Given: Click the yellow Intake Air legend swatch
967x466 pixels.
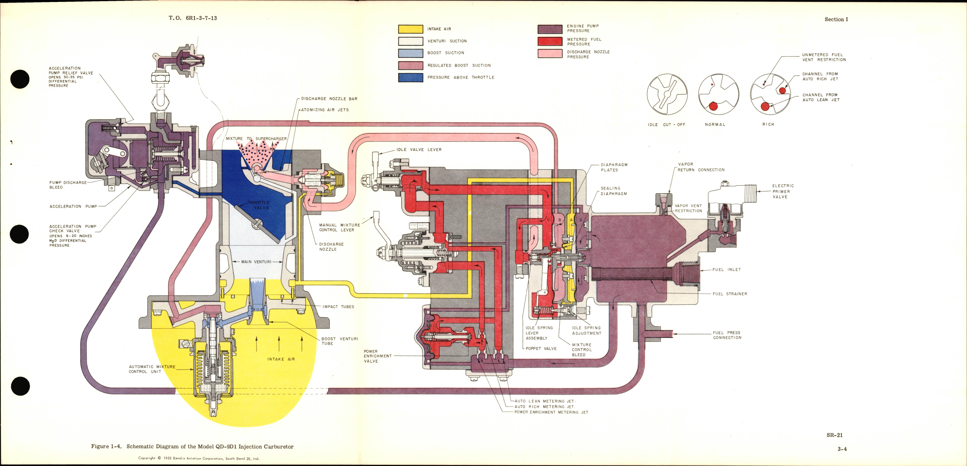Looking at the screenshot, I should (x=410, y=29).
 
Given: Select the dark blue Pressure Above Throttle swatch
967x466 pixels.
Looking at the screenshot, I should (x=410, y=77).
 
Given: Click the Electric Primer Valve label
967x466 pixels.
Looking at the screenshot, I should (x=783, y=191).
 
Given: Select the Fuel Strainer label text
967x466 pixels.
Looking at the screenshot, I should (x=729, y=294).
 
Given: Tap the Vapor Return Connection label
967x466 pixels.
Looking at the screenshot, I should (x=700, y=167).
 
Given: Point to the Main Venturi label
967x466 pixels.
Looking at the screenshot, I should (x=256, y=262).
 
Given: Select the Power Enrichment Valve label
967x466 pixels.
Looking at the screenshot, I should (x=377, y=356).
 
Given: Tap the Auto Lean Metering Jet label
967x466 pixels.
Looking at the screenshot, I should (x=544, y=401).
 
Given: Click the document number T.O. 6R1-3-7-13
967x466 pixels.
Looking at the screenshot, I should (x=193, y=18).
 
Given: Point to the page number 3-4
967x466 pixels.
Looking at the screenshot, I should (x=842, y=449).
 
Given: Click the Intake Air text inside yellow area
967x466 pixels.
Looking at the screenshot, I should (x=281, y=359).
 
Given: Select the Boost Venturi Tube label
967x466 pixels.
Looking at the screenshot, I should (x=339, y=341).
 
